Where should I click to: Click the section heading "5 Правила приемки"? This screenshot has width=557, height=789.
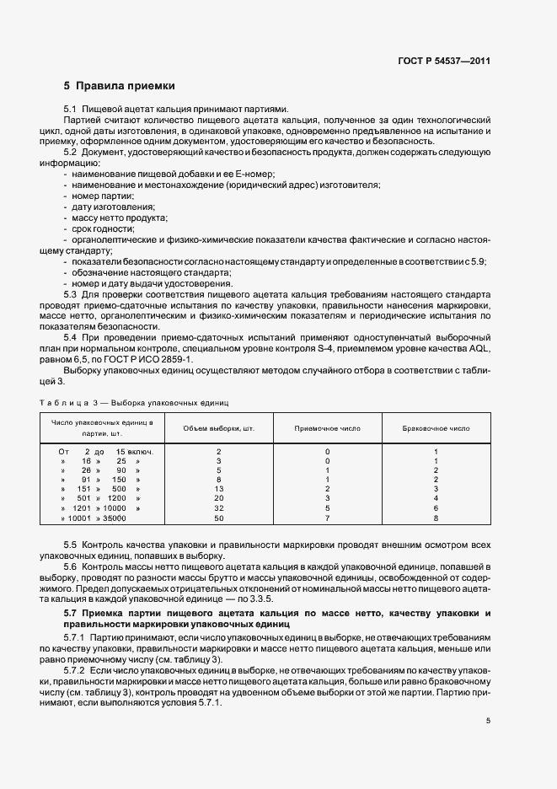(x=119, y=86)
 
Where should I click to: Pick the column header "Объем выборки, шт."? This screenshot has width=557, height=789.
(x=219, y=428)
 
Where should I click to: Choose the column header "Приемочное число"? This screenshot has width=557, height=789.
(x=327, y=428)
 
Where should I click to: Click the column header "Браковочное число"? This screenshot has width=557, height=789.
(x=436, y=428)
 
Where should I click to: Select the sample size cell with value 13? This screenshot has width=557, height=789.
(x=218, y=489)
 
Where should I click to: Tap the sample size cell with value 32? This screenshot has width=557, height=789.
(x=218, y=509)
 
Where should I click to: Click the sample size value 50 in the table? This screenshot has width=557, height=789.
(x=218, y=519)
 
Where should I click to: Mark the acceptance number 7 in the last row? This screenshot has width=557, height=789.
(x=327, y=519)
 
